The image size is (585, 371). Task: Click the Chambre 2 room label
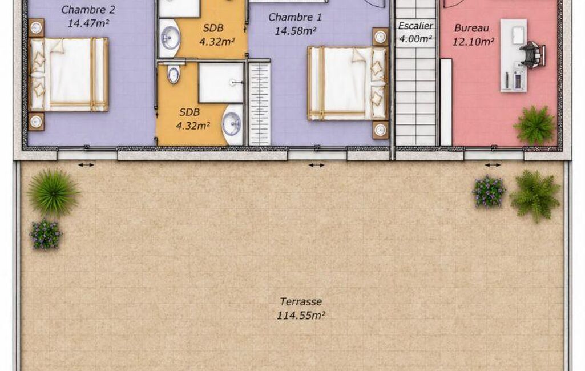pyautogui.click(x=88, y=10)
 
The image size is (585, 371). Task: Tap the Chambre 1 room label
pyautogui.click(x=294, y=17)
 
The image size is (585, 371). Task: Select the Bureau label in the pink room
pyautogui.click(x=471, y=28)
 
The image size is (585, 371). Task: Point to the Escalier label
pyautogui.click(x=415, y=26)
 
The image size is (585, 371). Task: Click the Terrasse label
pyautogui.click(x=301, y=301)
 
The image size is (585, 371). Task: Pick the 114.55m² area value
pyautogui.click(x=301, y=316)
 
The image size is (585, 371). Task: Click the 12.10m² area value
pyautogui.click(x=473, y=42)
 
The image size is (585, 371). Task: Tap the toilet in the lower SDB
pyautogui.click(x=174, y=73)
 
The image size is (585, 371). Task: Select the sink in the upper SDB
pyautogui.click(x=170, y=38)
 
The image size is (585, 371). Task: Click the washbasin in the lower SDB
pyautogui.click(x=233, y=124)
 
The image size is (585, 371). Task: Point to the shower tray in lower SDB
pyautogui.click(x=221, y=83)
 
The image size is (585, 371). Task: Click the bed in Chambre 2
pyautogui.click(x=68, y=74)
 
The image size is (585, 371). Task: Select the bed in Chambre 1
pyautogui.click(x=348, y=83)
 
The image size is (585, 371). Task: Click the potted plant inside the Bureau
pyautogui.click(x=535, y=126)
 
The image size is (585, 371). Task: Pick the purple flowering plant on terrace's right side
pyautogui.click(x=489, y=192)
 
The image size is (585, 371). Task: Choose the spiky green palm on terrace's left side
pyautogui.click(x=53, y=193)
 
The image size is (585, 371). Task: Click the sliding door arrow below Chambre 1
pyautogui.click(x=316, y=165)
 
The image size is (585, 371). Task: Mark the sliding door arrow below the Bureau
pyautogui.click(x=493, y=165)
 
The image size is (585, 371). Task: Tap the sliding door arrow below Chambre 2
pyautogui.click(x=86, y=165)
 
